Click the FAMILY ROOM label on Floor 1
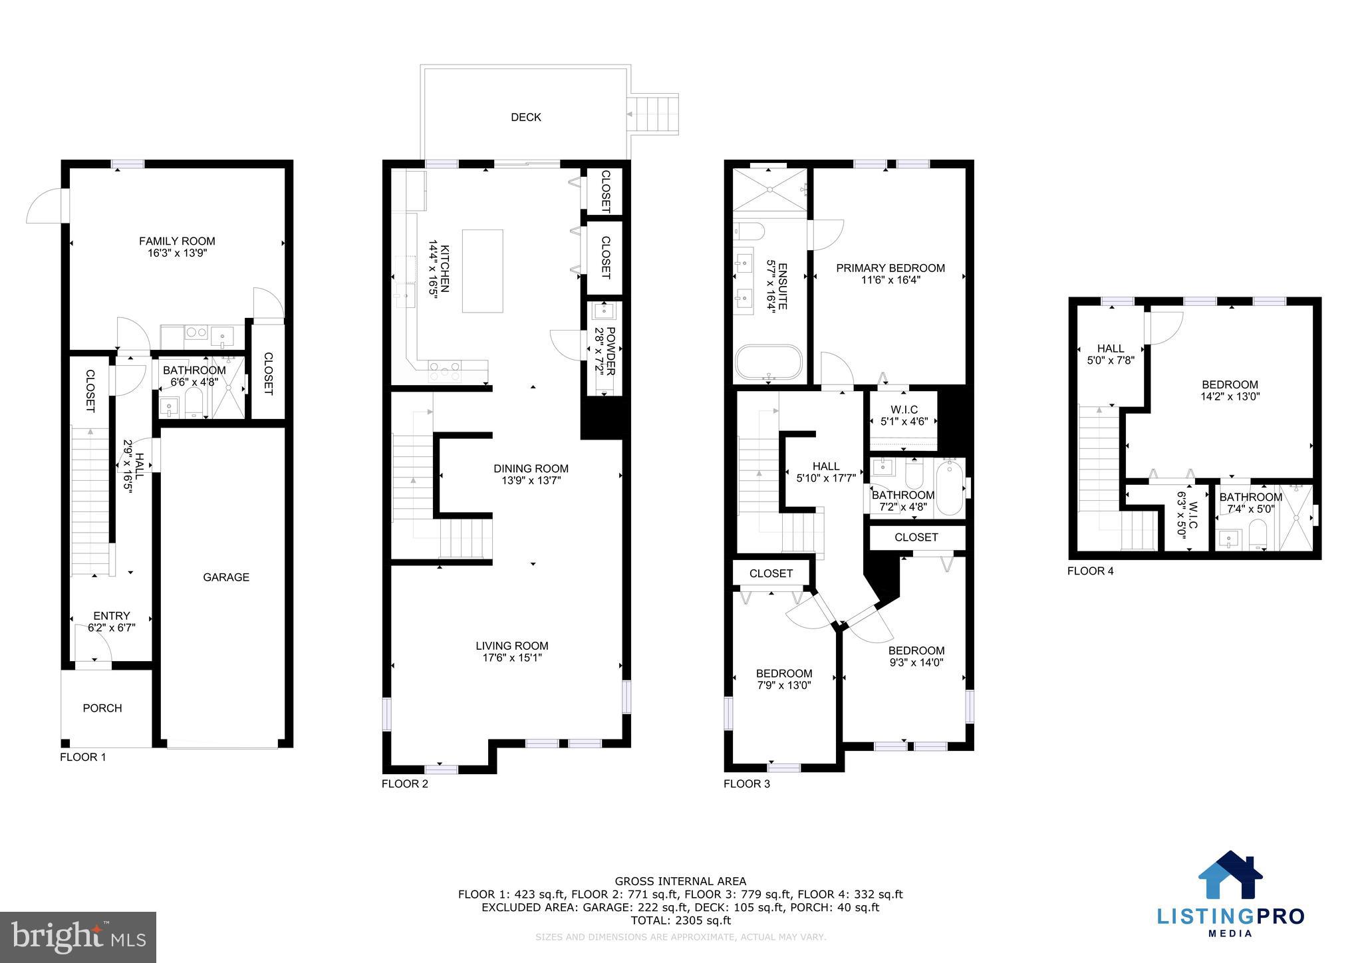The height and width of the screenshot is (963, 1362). (177, 241)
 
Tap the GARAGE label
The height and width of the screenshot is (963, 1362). (226, 577)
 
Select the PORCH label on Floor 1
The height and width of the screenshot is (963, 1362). (102, 708)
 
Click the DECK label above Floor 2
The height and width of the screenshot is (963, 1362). (525, 117)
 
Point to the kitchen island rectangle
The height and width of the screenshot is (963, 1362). (482, 271)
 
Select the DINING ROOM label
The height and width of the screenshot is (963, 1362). (531, 468)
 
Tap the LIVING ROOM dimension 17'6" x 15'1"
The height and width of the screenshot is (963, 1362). (512, 658)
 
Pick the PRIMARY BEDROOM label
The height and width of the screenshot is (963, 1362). (890, 268)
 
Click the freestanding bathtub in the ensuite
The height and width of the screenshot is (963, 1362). (769, 362)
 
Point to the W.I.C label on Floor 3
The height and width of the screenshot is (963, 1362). (903, 410)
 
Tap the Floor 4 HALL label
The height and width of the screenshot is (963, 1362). (1110, 348)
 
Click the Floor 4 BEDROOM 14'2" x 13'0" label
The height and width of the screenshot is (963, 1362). (1230, 384)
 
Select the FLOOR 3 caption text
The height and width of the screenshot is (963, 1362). (746, 784)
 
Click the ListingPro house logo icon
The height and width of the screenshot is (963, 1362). (1230, 875)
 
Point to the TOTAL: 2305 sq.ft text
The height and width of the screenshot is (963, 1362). (680, 921)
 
